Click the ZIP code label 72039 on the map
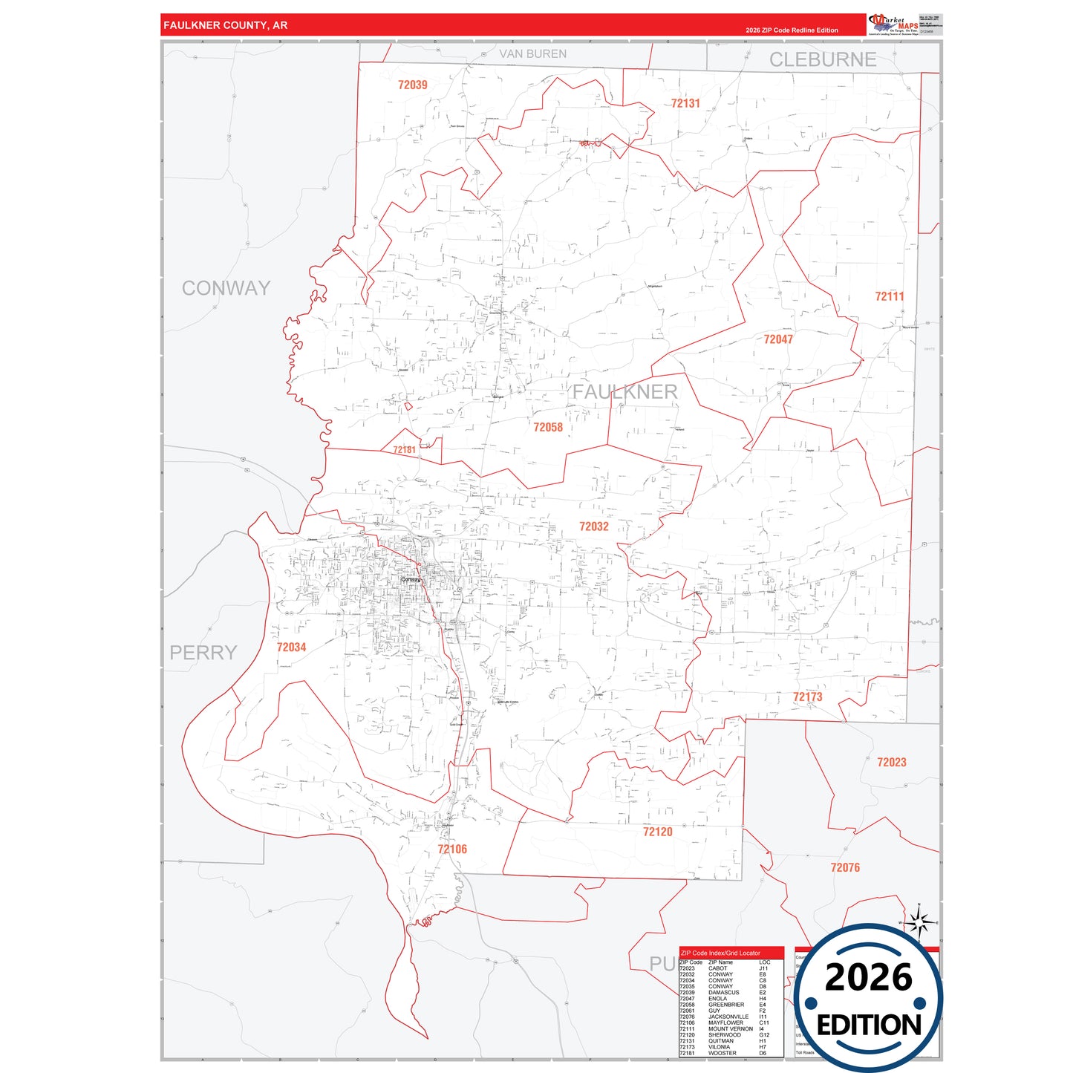(x=412, y=85)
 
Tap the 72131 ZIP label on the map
(x=685, y=103)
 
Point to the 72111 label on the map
(x=889, y=296)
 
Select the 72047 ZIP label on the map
(x=778, y=339)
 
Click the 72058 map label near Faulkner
(x=548, y=427)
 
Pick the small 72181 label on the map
(x=405, y=450)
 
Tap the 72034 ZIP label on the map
(x=291, y=647)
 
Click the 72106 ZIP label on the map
(x=452, y=849)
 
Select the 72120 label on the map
(x=657, y=832)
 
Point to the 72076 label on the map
(x=845, y=867)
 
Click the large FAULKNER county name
(x=624, y=392)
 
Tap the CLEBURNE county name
(x=822, y=60)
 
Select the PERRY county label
(x=203, y=653)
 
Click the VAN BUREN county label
(x=532, y=54)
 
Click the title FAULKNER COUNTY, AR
(x=225, y=25)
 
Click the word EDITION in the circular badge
(x=869, y=1025)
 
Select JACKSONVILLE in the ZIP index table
(x=728, y=1017)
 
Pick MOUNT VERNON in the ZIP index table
(x=730, y=1028)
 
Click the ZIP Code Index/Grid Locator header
(x=720, y=953)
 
